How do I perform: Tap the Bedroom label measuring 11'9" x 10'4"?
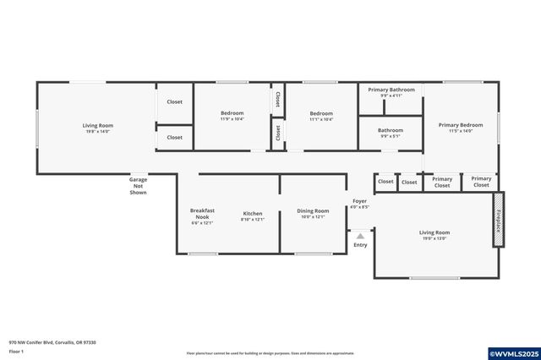[x=232, y=116]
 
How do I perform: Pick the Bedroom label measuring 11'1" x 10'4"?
[x=320, y=116]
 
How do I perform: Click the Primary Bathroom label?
[x=391, y=92]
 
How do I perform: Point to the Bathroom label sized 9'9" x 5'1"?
[x=391, y=133]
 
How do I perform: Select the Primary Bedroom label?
[x=460, y=128]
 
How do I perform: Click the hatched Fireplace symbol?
[x=499, y=226]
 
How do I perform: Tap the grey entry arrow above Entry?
[x=360, y=236]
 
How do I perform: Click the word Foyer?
[x=360, y=201]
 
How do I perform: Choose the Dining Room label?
[x=313, y=214]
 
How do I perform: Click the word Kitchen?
[x=253, y=214]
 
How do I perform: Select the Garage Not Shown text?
[x=138, y=186]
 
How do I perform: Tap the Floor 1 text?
[x=16, y=351]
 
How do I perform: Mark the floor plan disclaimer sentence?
[x=270, y=353]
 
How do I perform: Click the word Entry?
[x=360, y=245]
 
